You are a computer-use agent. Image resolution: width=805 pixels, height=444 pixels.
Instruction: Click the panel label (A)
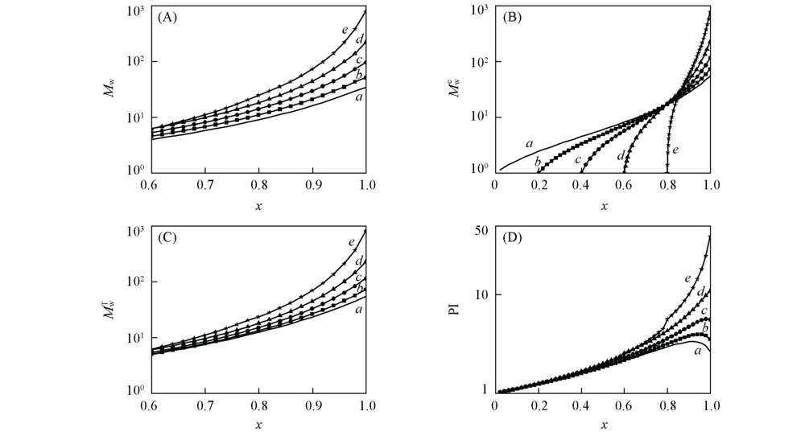[168, 18]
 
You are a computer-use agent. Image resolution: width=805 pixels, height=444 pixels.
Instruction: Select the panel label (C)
[168, 239]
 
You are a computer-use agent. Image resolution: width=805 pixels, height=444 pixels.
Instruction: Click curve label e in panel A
[344, 31]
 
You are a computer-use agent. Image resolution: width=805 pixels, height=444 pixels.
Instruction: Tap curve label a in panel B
[529, 143]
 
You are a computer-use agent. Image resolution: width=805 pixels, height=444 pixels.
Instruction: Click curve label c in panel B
[578, 160]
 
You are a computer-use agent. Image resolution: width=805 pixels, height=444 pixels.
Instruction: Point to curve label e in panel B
[675, 150]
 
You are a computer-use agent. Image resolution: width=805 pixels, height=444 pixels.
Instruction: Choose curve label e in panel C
[352, 241]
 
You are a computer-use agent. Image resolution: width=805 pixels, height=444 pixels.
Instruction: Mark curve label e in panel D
[687, 278]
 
